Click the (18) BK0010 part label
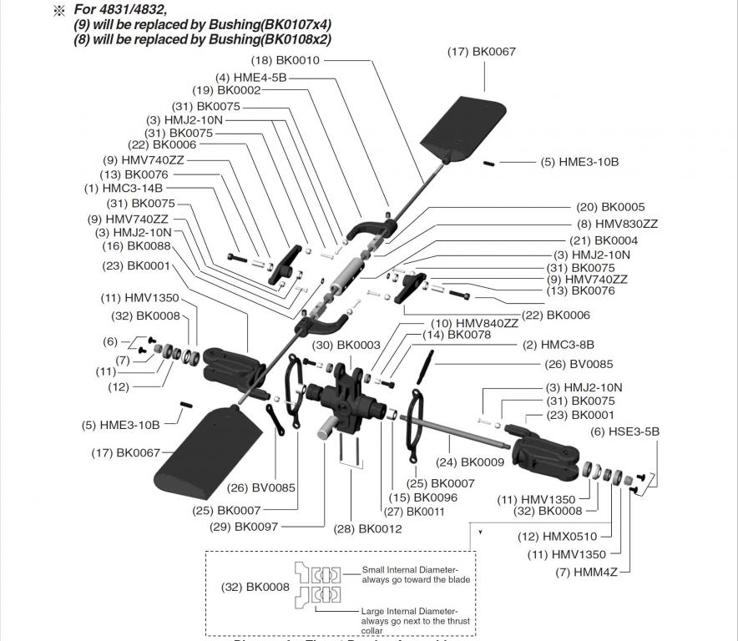pyautogui.click(x=286, y=61)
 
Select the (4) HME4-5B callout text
pyautogui.click(x=250, y=77)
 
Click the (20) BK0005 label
pyautogui.click(x=610, y=207)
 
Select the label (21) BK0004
pyautogui.click(x=610, y=240)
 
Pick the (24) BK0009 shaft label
pyautogui.click(x=471, y=462)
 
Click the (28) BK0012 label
pyautogui.click(x=368, y=528)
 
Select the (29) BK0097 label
pyautogui.click(x=245, y=527)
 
